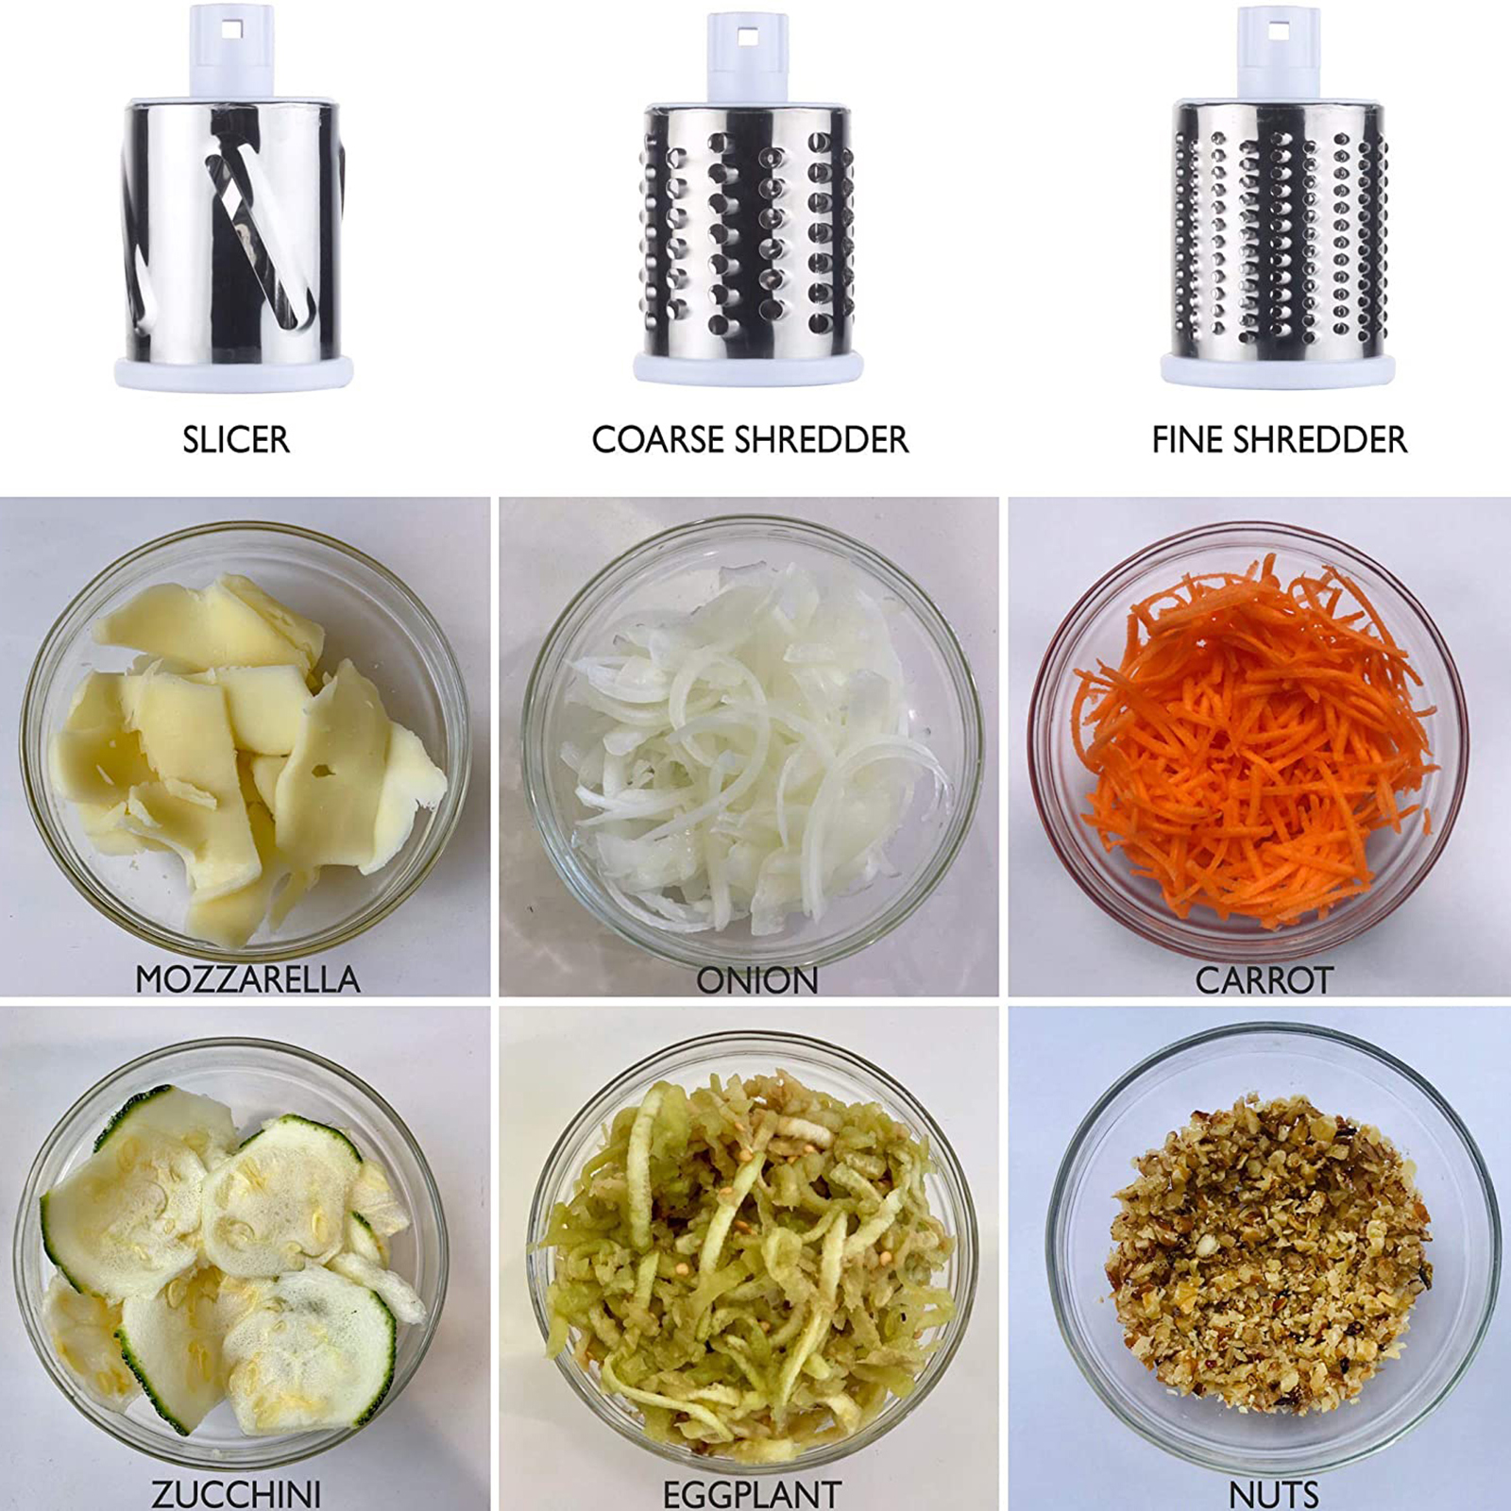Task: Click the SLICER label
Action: [x=236, y=440]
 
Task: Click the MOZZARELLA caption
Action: [x=247, y=979]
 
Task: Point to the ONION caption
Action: [x=757, y=980]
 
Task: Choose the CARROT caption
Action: [x=1265, y=980]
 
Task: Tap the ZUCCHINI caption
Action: [x=236, y=1494]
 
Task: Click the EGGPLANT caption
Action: [x=752, y=1494]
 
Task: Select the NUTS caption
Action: [x=1274, y=1494]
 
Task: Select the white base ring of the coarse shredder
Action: [x=748, y=367]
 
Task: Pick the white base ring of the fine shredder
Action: [x=1278, y=369]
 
